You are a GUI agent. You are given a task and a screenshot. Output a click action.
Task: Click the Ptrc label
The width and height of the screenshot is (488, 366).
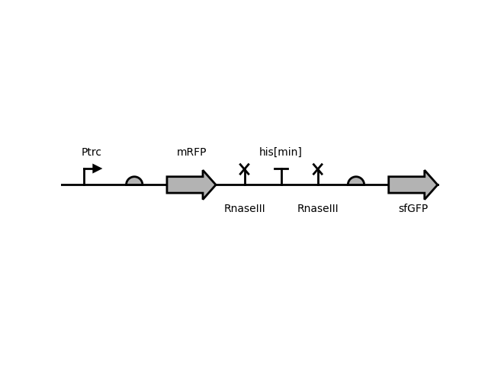[x=91, y=152]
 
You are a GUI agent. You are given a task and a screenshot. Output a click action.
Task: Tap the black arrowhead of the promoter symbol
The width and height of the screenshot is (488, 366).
[x=97, y=169]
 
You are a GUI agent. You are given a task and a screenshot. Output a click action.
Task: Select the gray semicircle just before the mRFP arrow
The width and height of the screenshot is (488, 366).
[x=134, y=181]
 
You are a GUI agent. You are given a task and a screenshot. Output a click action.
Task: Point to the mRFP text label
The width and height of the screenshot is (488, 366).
[x=191, y=152]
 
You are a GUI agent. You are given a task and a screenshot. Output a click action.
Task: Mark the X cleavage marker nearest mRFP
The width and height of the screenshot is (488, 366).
[x=245, y=169]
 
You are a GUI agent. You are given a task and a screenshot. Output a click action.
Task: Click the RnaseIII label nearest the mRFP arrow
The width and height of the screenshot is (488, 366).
[x=245, y=209]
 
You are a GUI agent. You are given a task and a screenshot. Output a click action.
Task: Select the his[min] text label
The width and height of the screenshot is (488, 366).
[x=281, y=152]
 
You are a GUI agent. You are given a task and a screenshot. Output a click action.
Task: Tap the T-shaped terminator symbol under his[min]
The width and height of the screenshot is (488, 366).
[x=281, y=175]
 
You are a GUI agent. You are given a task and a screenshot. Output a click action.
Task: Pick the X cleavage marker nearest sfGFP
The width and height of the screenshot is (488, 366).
[x=318, y=169]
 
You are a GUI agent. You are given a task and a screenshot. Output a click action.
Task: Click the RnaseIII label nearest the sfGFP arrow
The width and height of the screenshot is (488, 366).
[x=318, y=209]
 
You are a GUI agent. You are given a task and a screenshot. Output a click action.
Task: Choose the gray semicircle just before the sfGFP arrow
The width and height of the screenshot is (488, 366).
[x=356, y=181]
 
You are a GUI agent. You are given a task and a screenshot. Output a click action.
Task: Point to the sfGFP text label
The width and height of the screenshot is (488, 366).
[x=413, y=209]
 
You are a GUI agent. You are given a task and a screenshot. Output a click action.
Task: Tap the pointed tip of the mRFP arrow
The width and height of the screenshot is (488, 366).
[x=215, y=185]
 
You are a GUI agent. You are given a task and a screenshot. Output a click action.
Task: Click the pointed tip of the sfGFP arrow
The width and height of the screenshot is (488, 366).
[x=437, y=185]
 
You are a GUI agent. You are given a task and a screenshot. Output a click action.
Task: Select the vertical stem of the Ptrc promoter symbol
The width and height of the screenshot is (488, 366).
[x=84, y=177]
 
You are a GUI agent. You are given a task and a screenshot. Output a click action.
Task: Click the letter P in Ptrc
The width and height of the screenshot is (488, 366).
[x=84, y=152]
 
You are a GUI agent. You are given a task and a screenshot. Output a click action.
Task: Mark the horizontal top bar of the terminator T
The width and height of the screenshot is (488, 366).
[x=281, y=169]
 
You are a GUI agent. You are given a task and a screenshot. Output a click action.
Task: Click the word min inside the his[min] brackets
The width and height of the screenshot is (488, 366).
[x=287, y=152]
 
